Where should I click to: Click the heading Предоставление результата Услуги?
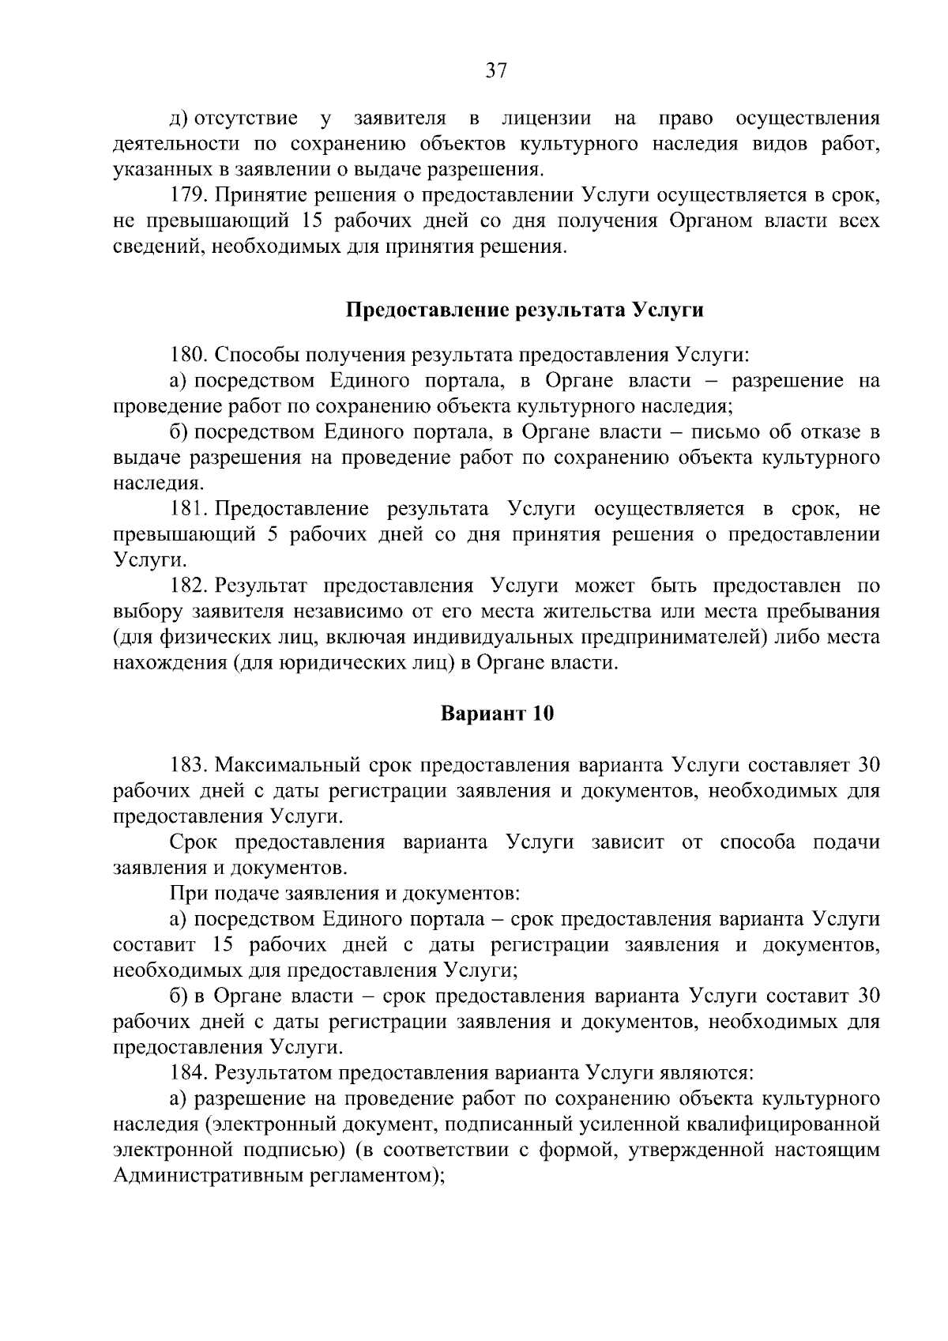pyautogui.click(x=525, y=310)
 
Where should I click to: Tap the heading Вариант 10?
pyautogui.click(x=497, y=714)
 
